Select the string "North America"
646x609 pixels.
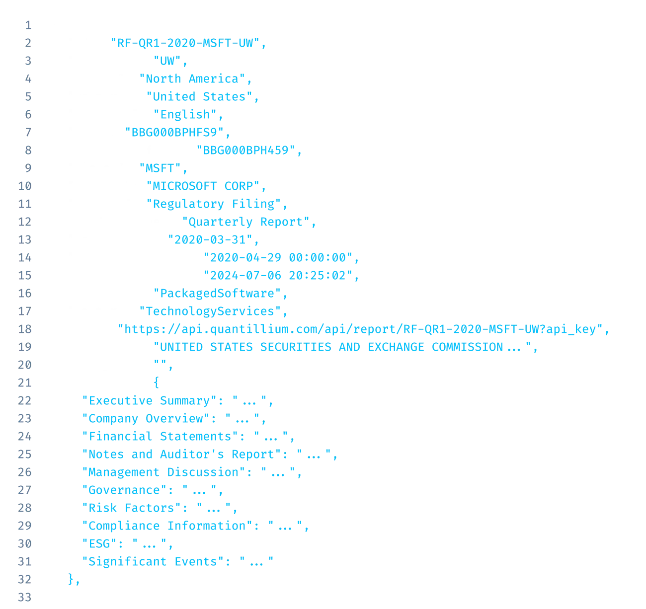[x=192, y=79]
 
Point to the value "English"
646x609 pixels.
[x=185, y=115]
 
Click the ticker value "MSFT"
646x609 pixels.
[x=162, y=168]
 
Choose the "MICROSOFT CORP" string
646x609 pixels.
[x=203, y=186]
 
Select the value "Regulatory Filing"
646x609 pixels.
[x=214, y=204]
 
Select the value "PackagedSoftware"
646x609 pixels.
[x=217, y=294]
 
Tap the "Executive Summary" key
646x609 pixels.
[x=149, y=401]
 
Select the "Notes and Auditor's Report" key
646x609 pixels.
[x=181, y=455]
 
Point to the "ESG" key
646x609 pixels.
[x=98, y=544]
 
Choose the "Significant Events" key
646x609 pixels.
[x=153, y=562]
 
